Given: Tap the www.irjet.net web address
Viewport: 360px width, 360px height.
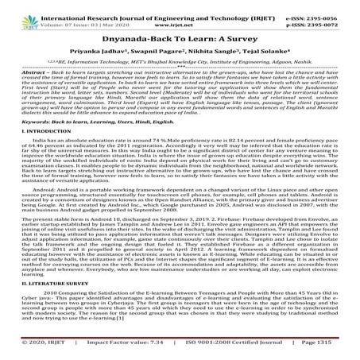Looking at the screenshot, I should (x=179, y=16).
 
